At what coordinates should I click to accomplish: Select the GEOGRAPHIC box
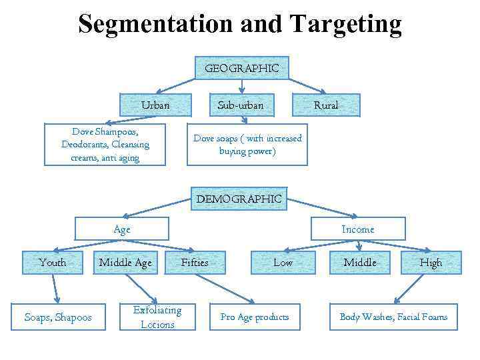point(241,68)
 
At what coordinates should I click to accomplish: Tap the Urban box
point(155,105)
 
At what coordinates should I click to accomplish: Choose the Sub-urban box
point(241,105)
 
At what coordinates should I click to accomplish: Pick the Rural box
point(326,105)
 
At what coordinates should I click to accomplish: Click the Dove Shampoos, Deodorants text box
point(105,145)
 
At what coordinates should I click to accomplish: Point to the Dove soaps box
point(247,145)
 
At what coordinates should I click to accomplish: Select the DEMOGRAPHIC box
point(239,199)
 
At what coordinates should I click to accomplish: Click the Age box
point(122,229)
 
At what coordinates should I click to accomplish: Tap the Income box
point(358,229)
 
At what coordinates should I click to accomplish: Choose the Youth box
point(53,263)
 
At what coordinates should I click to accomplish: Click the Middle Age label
point(125,263)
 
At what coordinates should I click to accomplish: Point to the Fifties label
point(195,263)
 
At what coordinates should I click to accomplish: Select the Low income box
point(283,263)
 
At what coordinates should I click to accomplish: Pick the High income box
point(431,263)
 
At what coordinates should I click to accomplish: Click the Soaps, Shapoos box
point(58,317)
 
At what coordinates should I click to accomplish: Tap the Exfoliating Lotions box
point(158,317)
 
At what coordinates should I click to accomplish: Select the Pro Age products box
point(255,317)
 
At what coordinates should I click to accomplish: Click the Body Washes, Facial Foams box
point(393,317)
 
